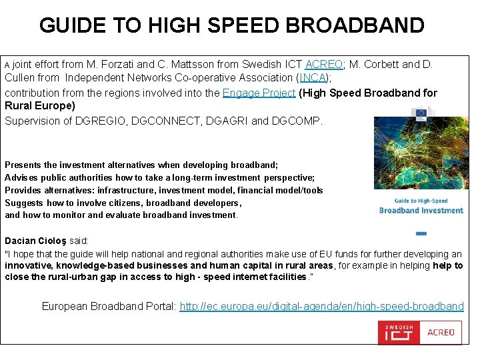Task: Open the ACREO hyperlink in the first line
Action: [x=324, y=65]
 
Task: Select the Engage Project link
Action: [x=259, y=93]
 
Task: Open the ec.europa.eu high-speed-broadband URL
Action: [x=321, y=307]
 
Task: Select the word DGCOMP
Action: [x=298, y=121]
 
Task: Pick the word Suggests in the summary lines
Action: [x=24, y=203]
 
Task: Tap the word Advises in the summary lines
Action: [x=21, y=177]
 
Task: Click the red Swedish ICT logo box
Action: [x=399, y=332]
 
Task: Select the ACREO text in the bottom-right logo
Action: [x=441, y=332]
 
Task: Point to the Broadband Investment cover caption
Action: [x=421, y=210]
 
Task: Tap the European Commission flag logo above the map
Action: [x=421, y=112]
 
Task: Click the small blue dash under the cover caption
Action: [x=421, y=233]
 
